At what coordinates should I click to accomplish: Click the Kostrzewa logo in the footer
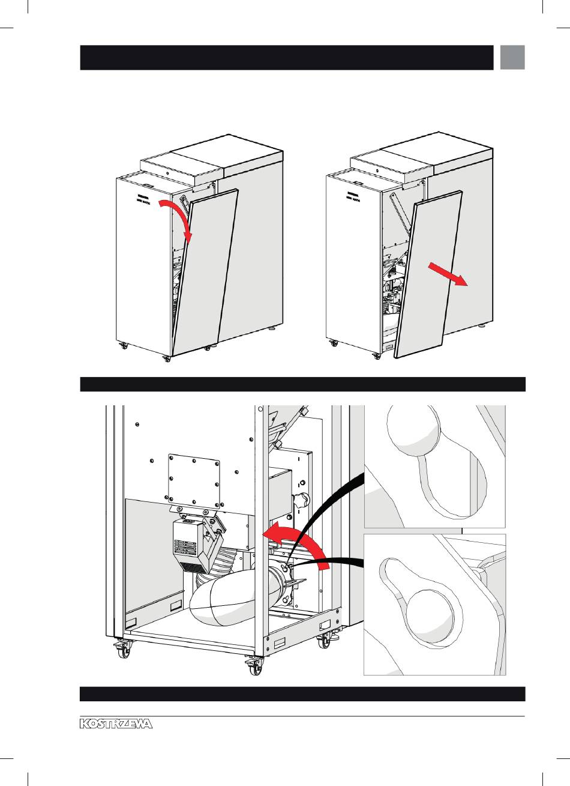(x=116, y=724)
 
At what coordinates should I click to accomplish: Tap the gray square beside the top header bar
(x=512, y=57)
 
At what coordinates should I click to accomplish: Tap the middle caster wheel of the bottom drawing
(x=255, y=665)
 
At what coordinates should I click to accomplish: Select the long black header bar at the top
(x=287, y=58)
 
